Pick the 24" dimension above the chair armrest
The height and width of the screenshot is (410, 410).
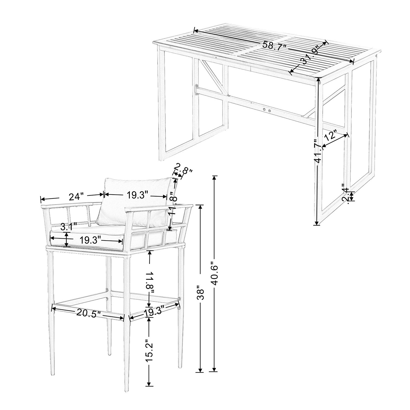point(76,196)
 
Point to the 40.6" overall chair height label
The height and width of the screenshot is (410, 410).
point(214,274)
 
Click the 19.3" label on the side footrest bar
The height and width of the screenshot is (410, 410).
point(154,311)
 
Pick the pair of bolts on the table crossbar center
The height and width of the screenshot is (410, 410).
point(267,110)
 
